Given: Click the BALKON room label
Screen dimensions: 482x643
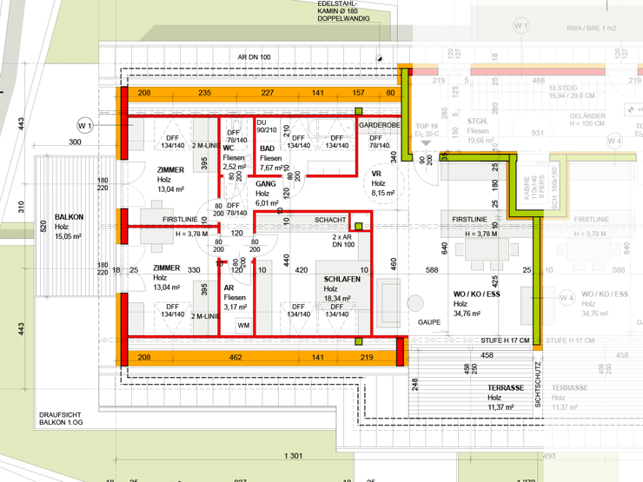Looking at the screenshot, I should [69, 218].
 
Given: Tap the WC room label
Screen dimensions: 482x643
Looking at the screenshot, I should [229, 148].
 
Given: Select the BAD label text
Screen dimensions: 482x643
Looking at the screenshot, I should [267, 149].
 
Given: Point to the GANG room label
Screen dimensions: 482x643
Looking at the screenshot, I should [265, 184].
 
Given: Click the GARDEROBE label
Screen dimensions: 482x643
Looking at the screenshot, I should [380, 126].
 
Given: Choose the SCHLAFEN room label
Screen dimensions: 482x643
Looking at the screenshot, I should [341, 279].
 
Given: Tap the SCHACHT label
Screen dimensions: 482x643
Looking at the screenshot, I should [330, 221].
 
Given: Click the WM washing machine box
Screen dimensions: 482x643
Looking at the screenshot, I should [242, 326].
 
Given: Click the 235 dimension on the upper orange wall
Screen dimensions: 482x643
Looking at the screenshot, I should [205, 93].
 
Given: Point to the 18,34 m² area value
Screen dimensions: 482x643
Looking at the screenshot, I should [337, 298].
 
